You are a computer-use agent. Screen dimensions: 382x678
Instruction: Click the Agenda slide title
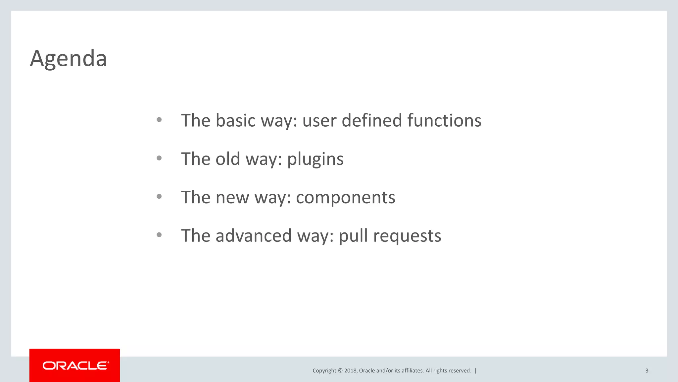tap(68, 59)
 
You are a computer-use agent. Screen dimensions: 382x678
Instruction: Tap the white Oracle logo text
tap(75, 365)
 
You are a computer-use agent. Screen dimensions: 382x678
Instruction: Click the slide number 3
tap(647, 371)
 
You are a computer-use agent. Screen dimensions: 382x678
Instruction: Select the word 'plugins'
tap(315, 159)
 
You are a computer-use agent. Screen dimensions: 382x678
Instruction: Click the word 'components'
tap(345, 198)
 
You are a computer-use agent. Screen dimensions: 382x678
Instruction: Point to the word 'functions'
tap(444, 120)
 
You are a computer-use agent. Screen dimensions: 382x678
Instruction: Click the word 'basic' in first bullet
tap(235, 120)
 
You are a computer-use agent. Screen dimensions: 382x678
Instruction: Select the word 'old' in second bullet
tap(228, 159)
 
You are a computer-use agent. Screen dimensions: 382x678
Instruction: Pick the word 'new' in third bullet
tap(232, 198)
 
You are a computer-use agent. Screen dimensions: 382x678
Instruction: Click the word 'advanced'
tap(254, 236)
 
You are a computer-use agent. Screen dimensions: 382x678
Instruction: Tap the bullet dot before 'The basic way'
tap(159, 120)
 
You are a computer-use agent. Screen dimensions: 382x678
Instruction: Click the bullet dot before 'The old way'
tap(159, 158)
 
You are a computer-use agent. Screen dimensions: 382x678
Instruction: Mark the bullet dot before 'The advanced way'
tap(159, 235)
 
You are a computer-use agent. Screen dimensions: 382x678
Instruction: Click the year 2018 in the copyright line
tap(350, 371)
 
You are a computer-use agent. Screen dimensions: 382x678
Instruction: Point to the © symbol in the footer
tap(340, 371)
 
